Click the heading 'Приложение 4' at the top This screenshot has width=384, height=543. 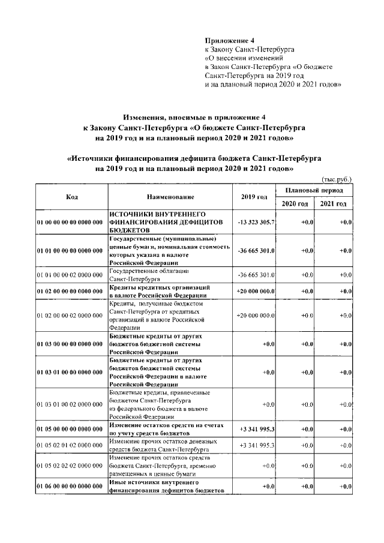(x=226, y=40)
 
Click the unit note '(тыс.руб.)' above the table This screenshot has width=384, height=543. (x=336, y=179)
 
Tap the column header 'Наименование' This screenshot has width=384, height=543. (x=170, y=197)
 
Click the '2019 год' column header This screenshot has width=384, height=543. (x=254, y=197)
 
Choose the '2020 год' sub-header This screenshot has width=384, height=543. (x=295, y=204)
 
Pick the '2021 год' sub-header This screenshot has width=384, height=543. (x=333, y=204)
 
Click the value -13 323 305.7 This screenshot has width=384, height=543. (x=256, y=222)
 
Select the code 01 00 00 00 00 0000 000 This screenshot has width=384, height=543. (x=70, y=222)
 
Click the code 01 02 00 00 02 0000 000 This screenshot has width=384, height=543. (x=70, y=315)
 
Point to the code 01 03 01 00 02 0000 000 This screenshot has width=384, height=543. (x=70, y=404)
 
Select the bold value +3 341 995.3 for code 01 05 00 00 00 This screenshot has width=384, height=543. (x=257, y=429)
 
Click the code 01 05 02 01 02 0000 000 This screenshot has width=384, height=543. (x=70, y=445)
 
